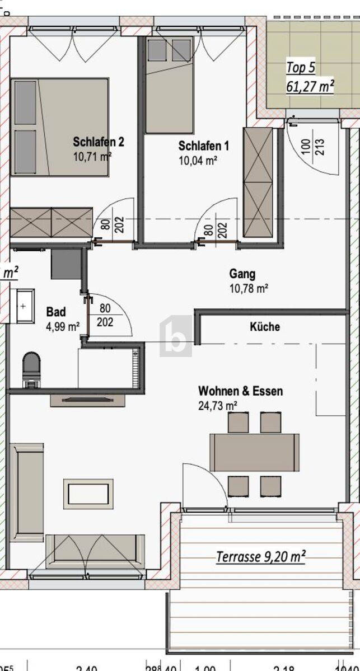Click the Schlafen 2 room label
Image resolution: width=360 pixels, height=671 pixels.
click(98, 142)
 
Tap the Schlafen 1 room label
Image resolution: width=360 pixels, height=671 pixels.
click(203, 146)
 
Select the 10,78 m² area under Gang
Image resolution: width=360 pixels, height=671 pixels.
click(249, 289)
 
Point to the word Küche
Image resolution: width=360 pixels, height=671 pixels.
click(265, 327)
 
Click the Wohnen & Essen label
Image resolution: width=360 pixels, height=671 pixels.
click(240, 391)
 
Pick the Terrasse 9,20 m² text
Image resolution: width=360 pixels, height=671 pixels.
click(261, 556)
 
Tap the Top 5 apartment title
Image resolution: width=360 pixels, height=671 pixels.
click(301, 68)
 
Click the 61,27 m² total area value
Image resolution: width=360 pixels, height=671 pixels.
click(310, 86)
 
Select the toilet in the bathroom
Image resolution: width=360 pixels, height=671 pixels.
click(31, 369)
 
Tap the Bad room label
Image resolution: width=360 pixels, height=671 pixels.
click(56, 312)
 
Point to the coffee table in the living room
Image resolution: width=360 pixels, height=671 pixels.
click(88, 494)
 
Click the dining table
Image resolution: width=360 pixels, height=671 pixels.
click(254, 452)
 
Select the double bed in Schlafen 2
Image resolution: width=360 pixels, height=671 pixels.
click(59, 127)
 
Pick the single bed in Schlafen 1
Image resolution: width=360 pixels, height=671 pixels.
click(169, 85)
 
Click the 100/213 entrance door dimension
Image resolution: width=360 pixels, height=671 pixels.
click(313, 147)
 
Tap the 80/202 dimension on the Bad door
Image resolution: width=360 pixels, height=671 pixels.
click(105, 315)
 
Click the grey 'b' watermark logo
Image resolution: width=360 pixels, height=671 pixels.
click(176, 337)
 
